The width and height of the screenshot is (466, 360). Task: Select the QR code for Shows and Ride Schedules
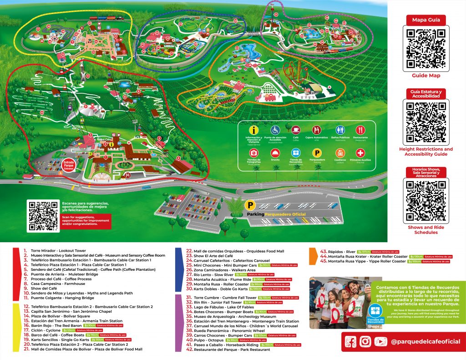pyautogui.click(x=426, y=201)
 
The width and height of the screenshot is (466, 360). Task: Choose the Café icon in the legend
pyautogui.click(x=295, y=130)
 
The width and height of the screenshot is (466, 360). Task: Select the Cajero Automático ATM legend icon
pyautogui.click(x=317, y=130)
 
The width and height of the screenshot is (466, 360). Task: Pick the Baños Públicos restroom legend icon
pyautogui.click(x=339, y=130)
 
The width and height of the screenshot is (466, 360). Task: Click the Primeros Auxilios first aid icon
pyautogui.click(x=360, y=153)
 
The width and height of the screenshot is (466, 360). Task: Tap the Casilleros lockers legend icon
pyautogui.click(x=339, y=153)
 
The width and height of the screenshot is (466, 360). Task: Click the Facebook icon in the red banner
pyautogui.click(x=350, y=342)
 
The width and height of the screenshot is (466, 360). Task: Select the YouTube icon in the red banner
pyautogui.click(x=380, y=342)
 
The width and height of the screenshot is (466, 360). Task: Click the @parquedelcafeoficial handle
pyautogui.click(x=425, y=342)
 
